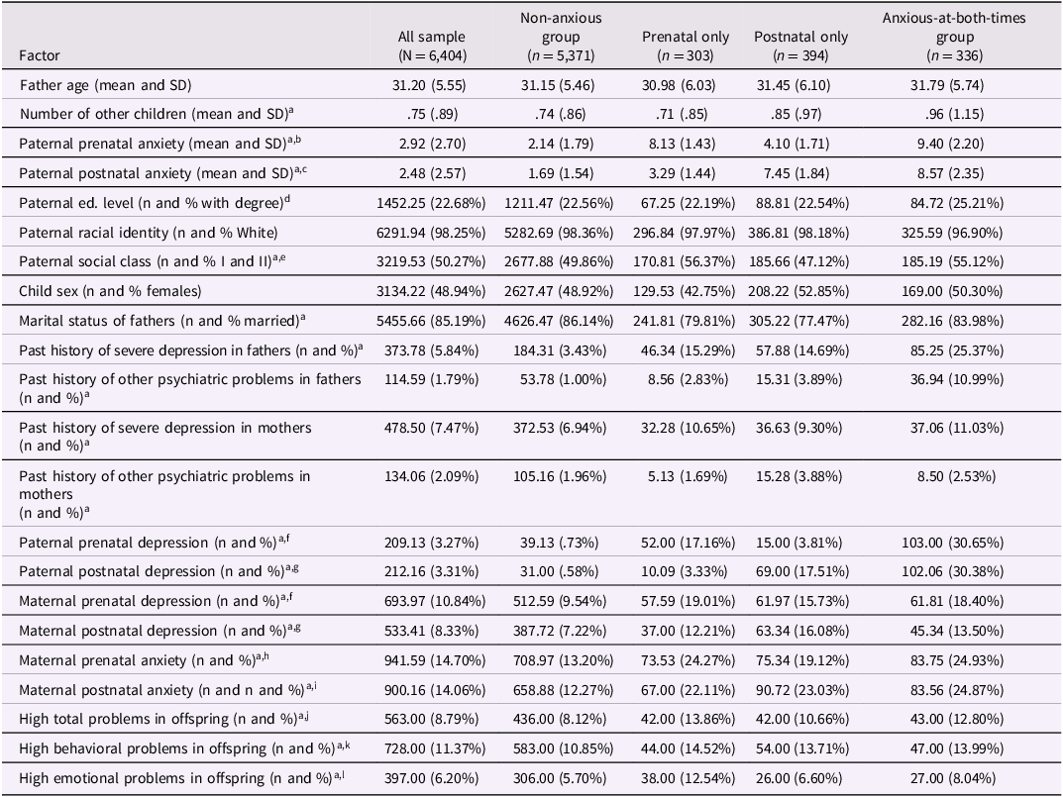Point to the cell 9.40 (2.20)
click(942, 144)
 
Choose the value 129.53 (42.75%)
click(685, 292)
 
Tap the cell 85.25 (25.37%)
click(942, 350)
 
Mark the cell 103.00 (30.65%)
click(942, 542)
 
